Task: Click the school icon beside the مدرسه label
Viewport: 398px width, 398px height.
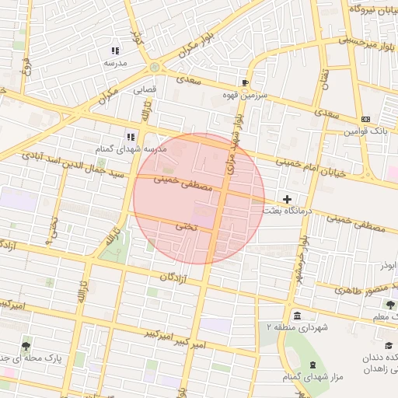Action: coord(115,51)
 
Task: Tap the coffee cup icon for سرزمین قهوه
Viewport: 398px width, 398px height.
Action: coord(246,82)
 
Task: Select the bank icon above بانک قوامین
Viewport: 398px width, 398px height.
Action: coord(365,119)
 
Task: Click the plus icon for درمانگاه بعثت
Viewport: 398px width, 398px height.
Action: coord(287,200)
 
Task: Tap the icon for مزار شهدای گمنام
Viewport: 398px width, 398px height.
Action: coord(311,365)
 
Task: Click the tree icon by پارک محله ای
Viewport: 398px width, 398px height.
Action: coord(27,344)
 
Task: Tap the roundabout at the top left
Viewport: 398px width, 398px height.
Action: coord(155,67)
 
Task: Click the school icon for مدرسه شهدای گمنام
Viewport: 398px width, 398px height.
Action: coord(131,137)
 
